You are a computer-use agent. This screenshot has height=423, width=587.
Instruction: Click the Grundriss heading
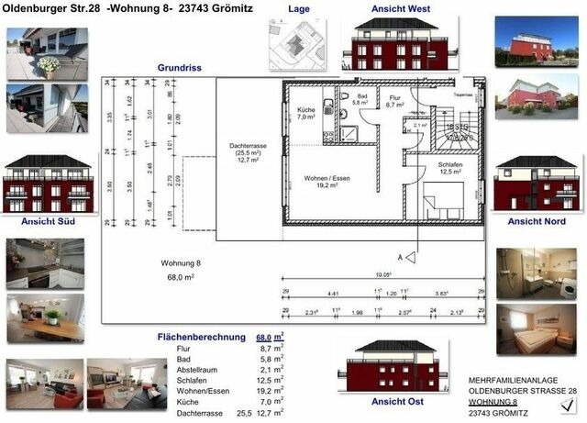click(179, 67)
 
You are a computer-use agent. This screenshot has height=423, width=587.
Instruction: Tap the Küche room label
click(306, 113)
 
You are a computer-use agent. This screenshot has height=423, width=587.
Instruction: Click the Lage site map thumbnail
click(295, 40)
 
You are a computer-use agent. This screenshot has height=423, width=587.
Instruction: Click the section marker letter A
click(399, 258)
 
